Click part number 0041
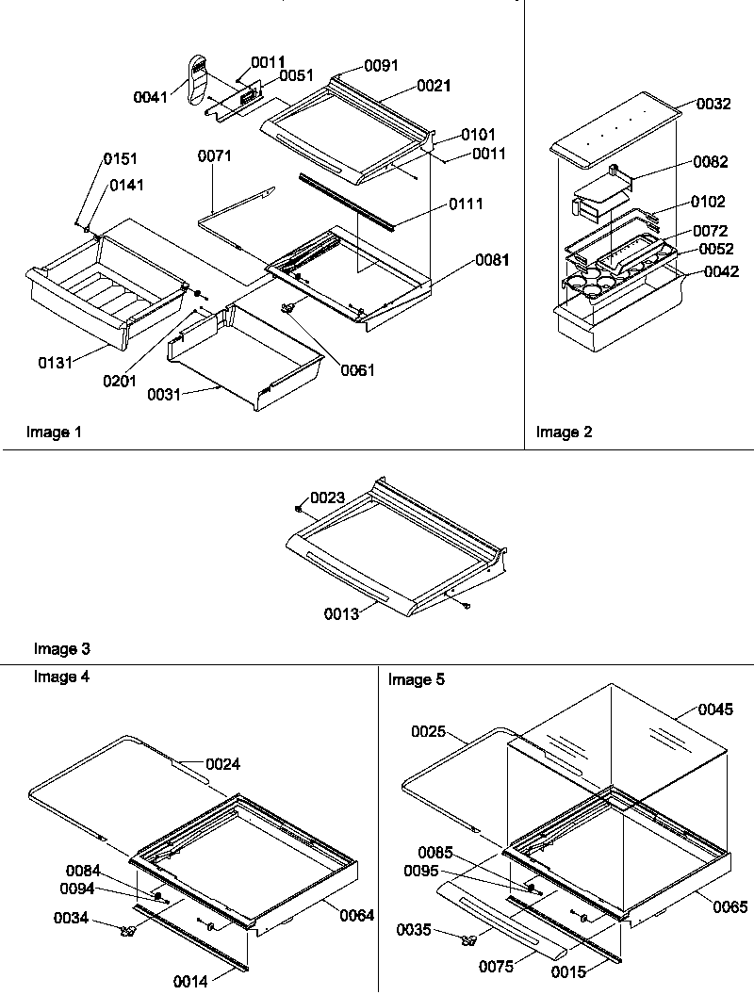150,96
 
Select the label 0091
382,65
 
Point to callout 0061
357,370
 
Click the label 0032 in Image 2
713,105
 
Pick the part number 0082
710,162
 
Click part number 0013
343,615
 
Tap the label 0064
355,915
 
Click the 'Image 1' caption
54,432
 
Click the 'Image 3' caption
62,648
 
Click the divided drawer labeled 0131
104,292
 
